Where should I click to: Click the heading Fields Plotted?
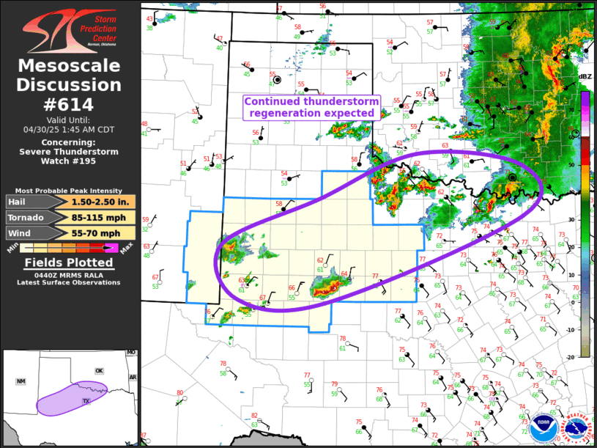pyautogui.click(x=70, y=262)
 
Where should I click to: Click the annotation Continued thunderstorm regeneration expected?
pyautogui.click(x=311, y=107)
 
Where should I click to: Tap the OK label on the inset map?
pyautogui.click(x=100, y=370)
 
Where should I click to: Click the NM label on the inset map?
pyautogui.click(x=21, y=382)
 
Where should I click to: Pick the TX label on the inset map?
pyautogui.click(x=86, y=401)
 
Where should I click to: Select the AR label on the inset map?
pyautogui.click(x=133, y=377)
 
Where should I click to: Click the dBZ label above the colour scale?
pyautogui.click(x=585, y=77)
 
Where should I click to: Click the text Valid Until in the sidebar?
pyautogui.click(x=70, y=119)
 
